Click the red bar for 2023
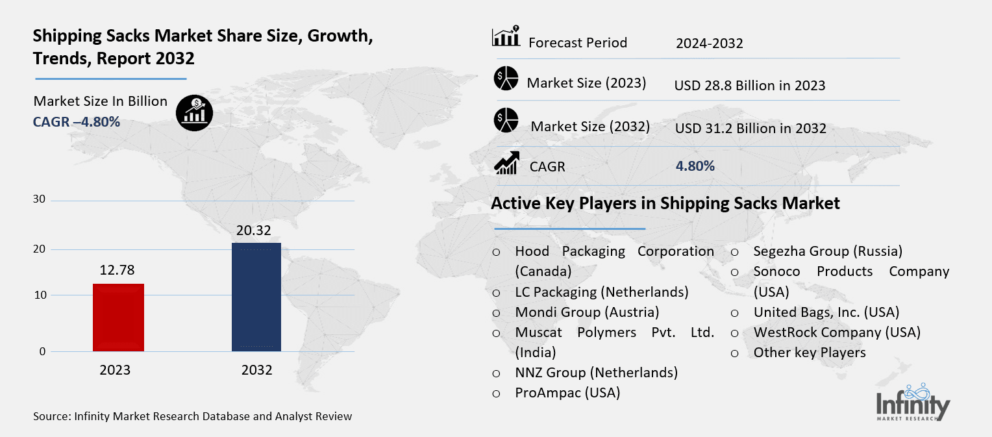point(118,318)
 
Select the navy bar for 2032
point(256,297)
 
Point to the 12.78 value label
point(118,269)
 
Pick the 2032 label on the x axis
point(256,371)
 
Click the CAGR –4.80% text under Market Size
point(77,121)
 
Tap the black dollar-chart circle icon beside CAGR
point(194,113)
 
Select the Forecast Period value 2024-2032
point(709,44)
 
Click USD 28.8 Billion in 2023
point(749,85)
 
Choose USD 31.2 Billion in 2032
point(750,129)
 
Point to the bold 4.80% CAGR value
point(695,166)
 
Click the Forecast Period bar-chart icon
point(506,37)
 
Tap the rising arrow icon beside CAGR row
point(506,163)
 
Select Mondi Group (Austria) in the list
point(587,312)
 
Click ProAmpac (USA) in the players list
point(567,393)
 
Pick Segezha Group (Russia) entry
point(828,251)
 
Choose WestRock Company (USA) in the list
point(837,332)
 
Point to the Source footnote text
point(192,416)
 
